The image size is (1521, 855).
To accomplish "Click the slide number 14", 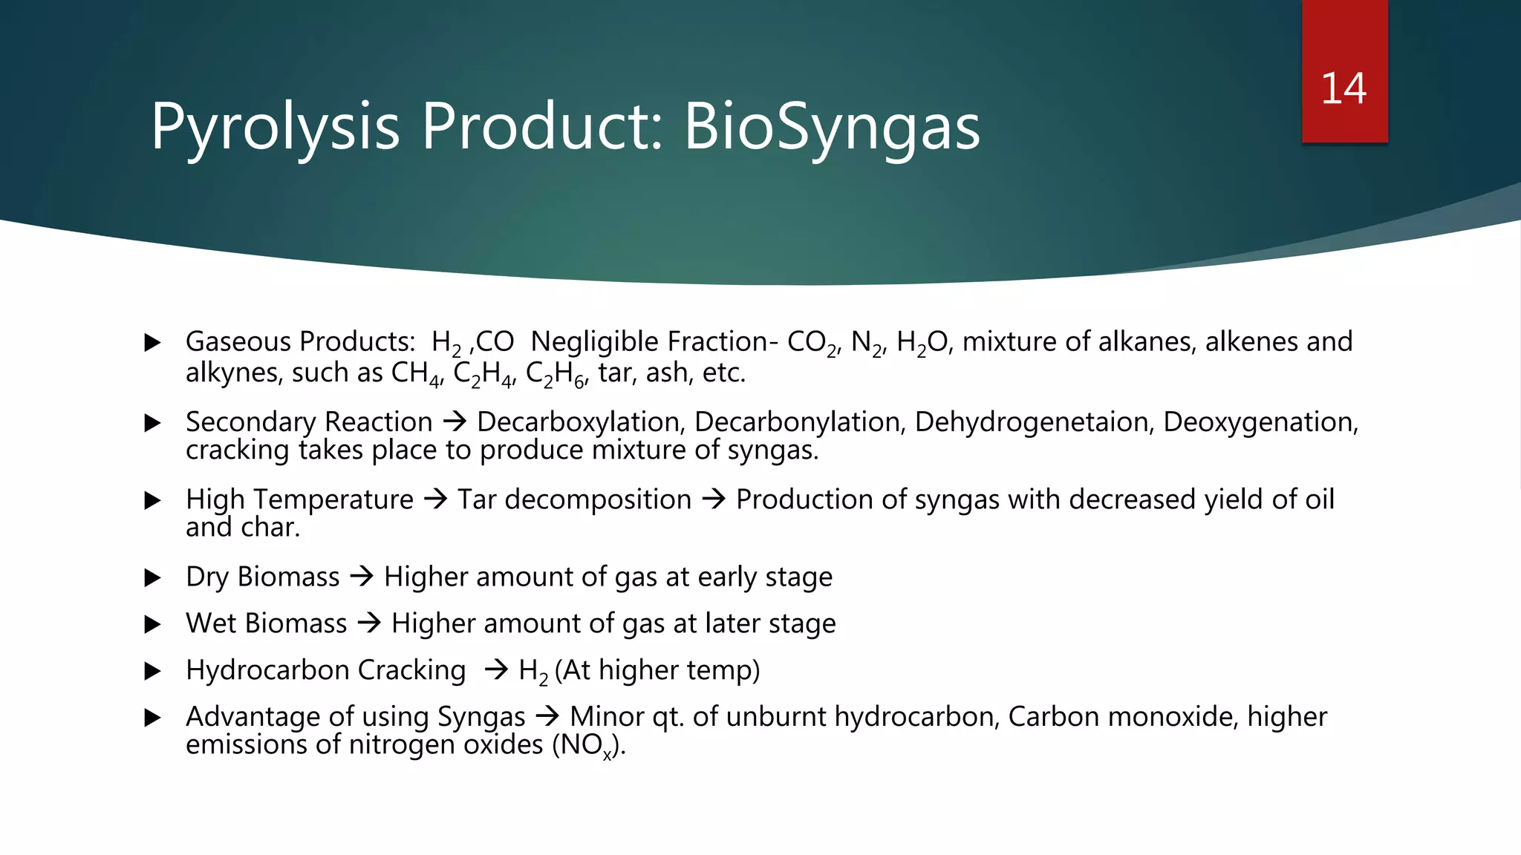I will tap(1344, 88).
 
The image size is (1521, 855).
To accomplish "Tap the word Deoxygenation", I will tap(1260, 422).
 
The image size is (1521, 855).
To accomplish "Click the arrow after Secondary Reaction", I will tap(455, 422).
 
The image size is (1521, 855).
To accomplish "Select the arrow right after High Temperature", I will tap(435, 499).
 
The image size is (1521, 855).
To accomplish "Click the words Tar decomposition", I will tap(574, 499).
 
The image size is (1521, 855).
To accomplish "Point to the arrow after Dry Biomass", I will tap(362, 577).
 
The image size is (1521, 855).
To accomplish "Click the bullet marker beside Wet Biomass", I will tap(153, 624).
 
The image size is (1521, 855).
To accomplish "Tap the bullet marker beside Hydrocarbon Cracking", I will tap(153, 671).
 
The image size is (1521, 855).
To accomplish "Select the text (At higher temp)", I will tap(657, 670).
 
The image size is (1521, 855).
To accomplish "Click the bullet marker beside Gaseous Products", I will tap(153, 342).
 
